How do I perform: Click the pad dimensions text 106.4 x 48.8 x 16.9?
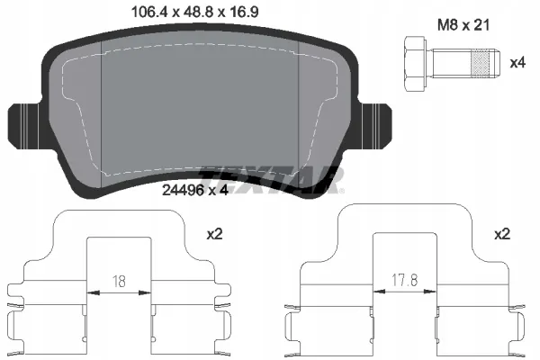tap(195, 13)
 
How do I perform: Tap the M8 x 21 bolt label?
tap(463, 25)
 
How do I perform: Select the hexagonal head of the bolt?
tap(416, 64)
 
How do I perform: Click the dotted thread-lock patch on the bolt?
tap(480, 64)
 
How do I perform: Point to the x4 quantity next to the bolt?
tap(517, 63)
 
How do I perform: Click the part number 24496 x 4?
tap(195, 190)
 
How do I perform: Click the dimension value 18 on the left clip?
tap(119, 282)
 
